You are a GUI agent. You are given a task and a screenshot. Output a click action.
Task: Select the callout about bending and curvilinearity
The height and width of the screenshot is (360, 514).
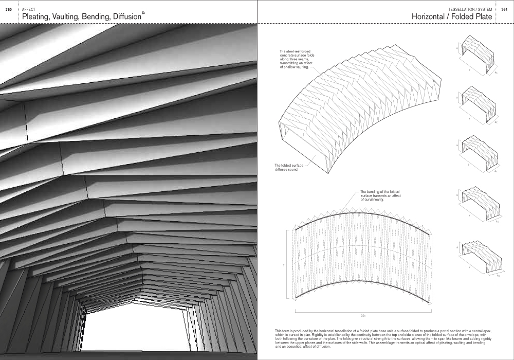pyautogui.click(x=381, y=195)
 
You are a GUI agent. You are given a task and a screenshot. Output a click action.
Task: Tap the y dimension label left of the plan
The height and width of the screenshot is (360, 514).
pyautogui.click(x=284, y=265)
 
